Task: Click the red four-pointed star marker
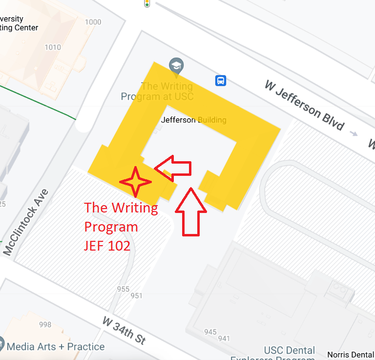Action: [136, 181]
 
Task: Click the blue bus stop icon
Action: [221, 80]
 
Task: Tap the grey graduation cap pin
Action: [176, 65]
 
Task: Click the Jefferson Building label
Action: [193, 120]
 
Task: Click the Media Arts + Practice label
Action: [56, 347]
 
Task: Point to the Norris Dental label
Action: [351, 355]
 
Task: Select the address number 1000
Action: [93, 22]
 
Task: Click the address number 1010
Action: [52, 47]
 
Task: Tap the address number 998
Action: [45, 324]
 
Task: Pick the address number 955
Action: [123, 289]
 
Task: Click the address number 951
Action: [136, 296]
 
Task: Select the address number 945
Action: [210, 332]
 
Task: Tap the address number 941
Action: [224, 338]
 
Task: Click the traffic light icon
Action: [146, 3]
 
